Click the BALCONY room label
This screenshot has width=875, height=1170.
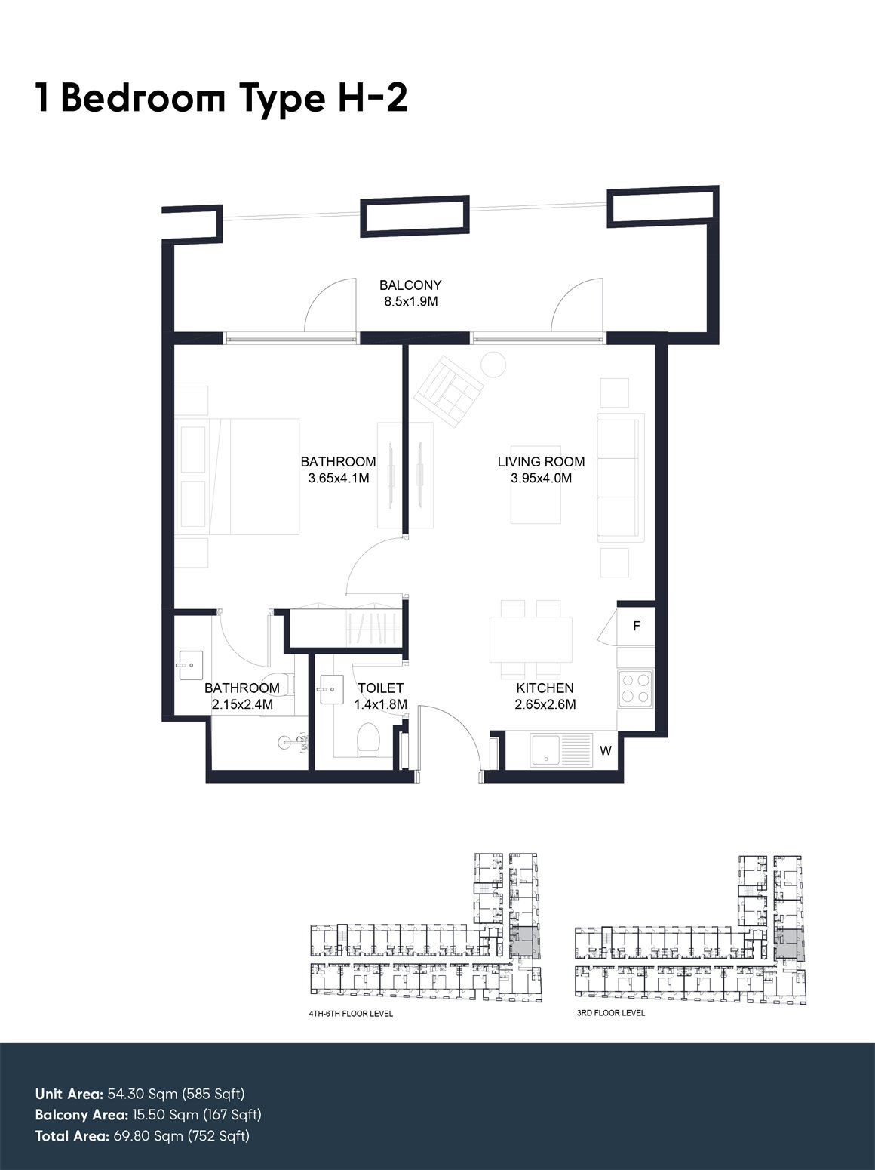[x=410, y=285]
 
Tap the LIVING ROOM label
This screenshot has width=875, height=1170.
[x=541, y=462]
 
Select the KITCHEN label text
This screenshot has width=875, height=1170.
[x=545, y=688]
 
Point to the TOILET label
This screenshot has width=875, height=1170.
[x=381, y=688]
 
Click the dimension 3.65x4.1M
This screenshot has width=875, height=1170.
[x=339, y=478]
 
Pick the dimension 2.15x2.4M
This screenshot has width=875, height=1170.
[x=242, y=705]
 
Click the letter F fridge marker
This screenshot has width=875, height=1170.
[x=637, y=626]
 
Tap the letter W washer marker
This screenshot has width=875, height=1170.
[x=606, y=750]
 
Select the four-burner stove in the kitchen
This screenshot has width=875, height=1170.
[x=636, y=688]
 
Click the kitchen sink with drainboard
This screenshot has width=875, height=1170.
[x=561, y=750]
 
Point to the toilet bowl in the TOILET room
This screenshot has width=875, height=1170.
[x=368, y=739]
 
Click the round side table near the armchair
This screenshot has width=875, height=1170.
[x=493, y=365]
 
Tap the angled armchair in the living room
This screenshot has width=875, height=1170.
[x=450, y=391]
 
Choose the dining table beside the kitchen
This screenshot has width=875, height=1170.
[x=531, y=639]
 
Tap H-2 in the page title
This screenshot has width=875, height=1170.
[x=373, y=98]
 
